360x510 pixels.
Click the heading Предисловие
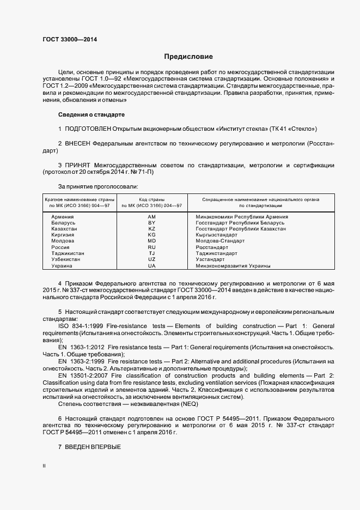pos(188,57)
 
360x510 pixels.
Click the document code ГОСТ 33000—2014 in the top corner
pos(70,39)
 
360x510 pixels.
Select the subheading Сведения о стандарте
pos(91,115)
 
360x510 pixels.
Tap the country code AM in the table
pos(152,217)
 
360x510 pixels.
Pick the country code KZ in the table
pos(152,229)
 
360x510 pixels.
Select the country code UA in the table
pos(152,266)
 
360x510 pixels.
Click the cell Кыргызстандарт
pos(218,235)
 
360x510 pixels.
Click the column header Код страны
pos(152,199)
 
